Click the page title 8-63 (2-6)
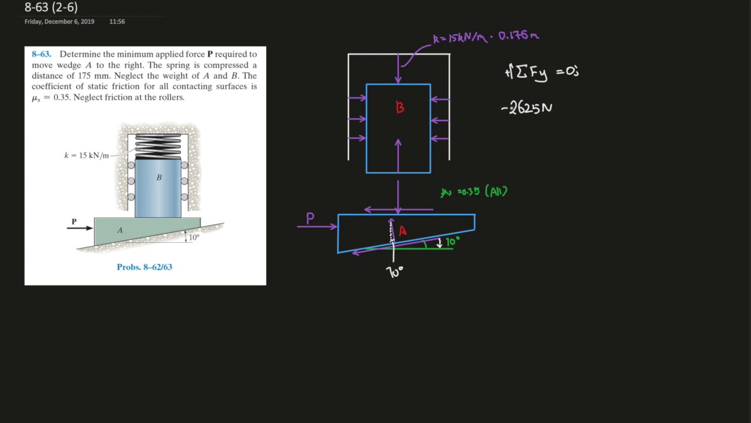(51, 8)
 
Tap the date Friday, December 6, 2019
(59, 22)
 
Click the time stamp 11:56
(117, 22)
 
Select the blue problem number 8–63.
(41, 54)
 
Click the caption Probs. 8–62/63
(144, 267)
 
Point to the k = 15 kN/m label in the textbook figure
(86, 156)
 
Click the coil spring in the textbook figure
(158, 146)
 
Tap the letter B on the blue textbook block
(158, 177)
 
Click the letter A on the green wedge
(120, 230)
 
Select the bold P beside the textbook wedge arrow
(74, 221)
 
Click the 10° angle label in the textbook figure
(194, 237)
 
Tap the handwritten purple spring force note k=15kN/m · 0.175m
(485, 37)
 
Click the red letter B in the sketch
(400, 108)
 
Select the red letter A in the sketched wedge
(402, 231)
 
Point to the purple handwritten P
(310, 219)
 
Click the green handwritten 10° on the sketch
(452, 241)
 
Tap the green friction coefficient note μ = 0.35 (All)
(474, 192)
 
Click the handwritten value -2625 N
(527, 108)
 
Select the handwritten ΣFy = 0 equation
(542, 72)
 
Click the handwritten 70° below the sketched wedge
(395, 271)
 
